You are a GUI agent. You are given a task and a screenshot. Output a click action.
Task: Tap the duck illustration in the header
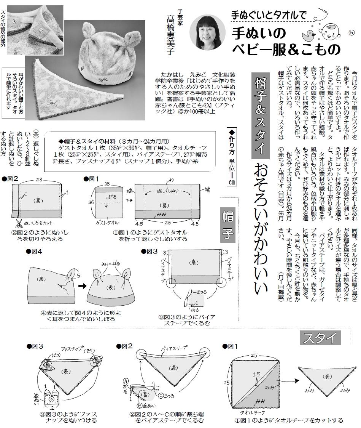coord(309,34)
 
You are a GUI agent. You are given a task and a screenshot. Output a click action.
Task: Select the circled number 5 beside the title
coord(351,32)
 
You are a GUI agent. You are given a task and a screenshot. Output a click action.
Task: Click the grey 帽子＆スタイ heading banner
coord(260,115)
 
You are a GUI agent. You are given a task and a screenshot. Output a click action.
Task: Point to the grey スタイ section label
coord(320,338)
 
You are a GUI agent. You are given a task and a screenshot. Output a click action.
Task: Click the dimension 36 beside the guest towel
coord(91,202)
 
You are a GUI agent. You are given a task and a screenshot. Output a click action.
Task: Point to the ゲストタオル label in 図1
coord(107,223)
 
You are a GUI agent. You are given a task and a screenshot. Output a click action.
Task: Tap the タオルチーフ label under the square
coord(252,412)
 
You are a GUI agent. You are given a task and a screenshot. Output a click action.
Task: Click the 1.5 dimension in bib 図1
coord(256,375)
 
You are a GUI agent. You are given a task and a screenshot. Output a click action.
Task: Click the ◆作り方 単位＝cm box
coord(231,157)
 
